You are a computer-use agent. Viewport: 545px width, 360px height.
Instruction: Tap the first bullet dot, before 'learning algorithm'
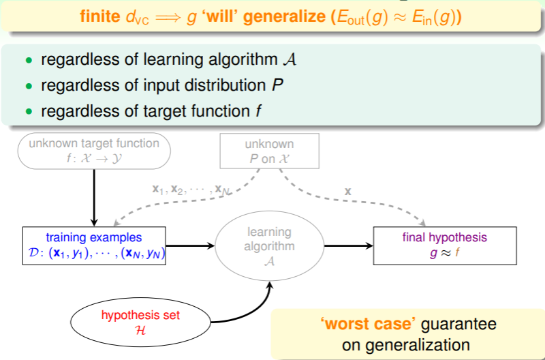tap(29, 60)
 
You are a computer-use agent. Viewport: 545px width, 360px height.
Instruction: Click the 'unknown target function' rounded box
tap(93, 150)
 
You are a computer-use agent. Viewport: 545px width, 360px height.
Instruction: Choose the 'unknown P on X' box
tap(269, 150)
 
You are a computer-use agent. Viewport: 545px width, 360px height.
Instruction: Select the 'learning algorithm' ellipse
tap(269, 246)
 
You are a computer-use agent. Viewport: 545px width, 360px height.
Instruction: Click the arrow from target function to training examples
tap(94, 198)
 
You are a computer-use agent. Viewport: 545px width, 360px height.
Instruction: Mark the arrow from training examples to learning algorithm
tap(191, 246)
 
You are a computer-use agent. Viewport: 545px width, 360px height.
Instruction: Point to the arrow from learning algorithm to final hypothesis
tap(347, 246)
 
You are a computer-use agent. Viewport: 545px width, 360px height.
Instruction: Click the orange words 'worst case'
tap(361, 324)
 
